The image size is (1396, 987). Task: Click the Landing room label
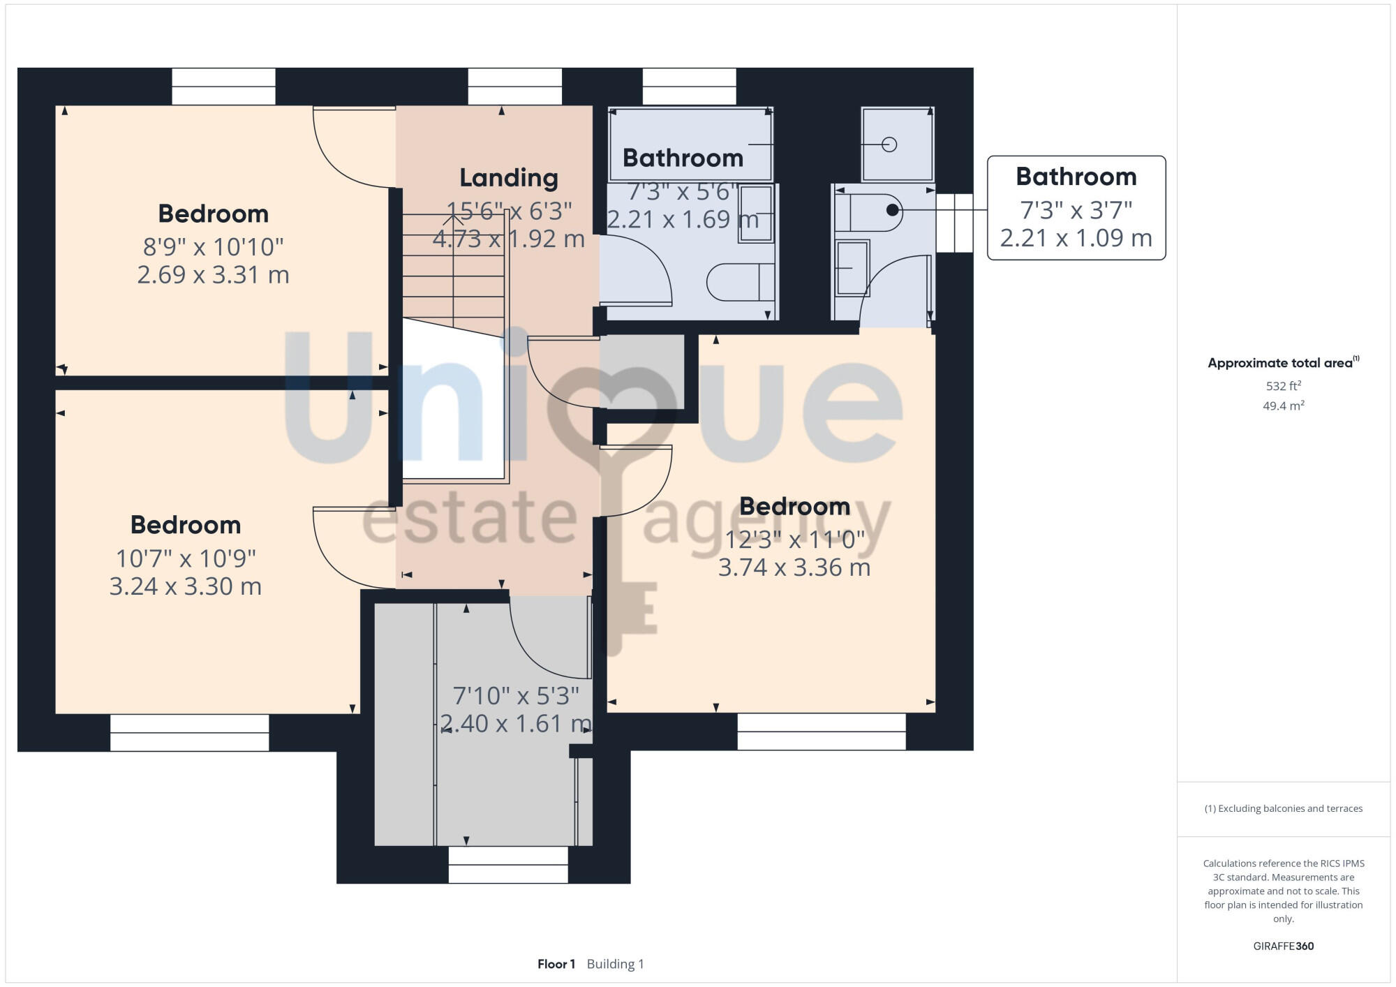[509, 178]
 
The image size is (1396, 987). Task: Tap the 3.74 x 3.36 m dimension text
[794, 567]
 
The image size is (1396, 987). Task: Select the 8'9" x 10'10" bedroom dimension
[213, 246]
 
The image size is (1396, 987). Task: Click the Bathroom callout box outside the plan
[1076, 208]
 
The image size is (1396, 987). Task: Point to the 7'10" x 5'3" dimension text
[516, 696]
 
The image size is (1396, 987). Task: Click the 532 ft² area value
[1283, 386]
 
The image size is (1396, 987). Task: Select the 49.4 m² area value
[1283, 406]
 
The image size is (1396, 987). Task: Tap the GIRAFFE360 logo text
[1283, 946]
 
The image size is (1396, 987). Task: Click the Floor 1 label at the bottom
[556, 964]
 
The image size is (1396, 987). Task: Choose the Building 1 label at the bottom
[615, 964]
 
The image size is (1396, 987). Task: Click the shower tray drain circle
[889, 144]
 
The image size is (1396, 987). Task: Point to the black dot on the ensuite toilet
[892, 209]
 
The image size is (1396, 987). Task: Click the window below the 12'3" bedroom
[821, 732]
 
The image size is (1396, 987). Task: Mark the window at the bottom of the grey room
[507, 864]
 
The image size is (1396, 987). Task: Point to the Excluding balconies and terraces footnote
[1283, 808]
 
